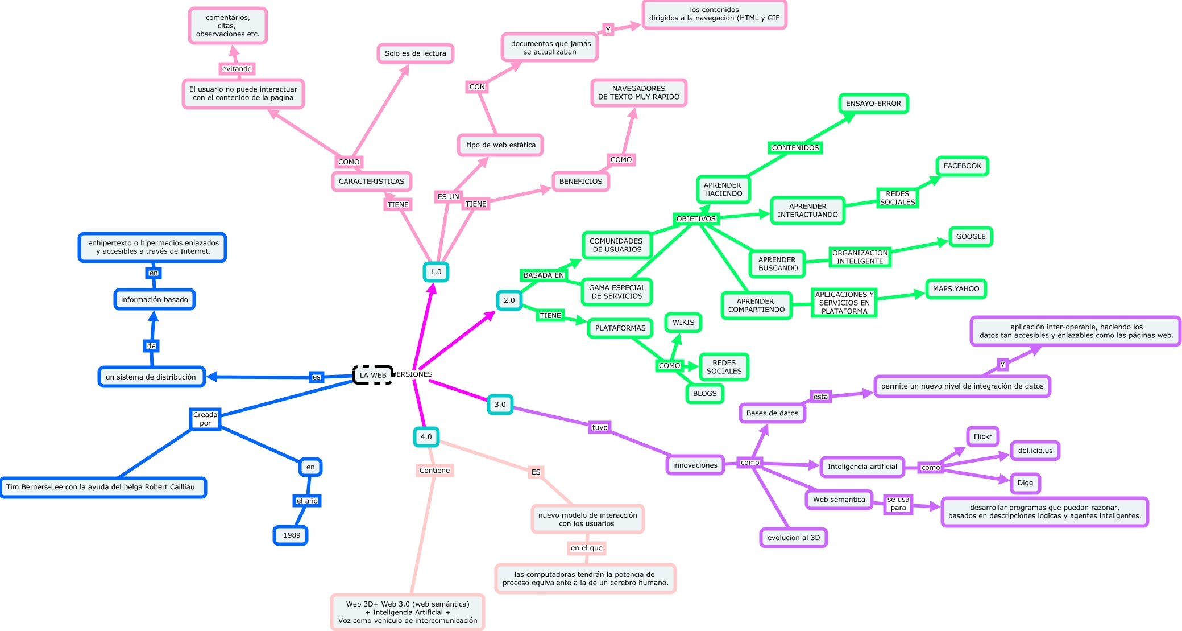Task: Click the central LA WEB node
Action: pyautogui.click(x=373, y=375)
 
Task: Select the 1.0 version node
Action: pyautogui.click(x=436, y=272)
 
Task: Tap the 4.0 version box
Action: pyautogui.click(x=426, y=437)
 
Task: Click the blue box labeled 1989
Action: pyautogui.click(x=291, y=535)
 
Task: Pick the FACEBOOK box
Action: pyautogui.click(x=962, y=166)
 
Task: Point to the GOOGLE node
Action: pyautogui.click(x=971, y=237)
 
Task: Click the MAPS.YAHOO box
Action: pyautogui.click(x=956, y=289)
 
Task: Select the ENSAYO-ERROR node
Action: pyautogui.click(x=873, y=104)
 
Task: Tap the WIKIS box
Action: pyautogui.click(x=683, y=323)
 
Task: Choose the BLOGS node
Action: pyautogui.click(x=704, y=394)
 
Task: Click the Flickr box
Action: pyautogui.click(x=982, y=436)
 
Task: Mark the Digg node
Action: pyautogui.click(x=1025, y=483)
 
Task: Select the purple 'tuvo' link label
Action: pyautogui.click(x=600, y=427)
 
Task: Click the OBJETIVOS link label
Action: pyautogui.click(x=696, y=219)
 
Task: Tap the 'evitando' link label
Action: pyautogui.click(x=237, y=69)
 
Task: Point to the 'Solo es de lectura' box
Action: pyautogui.click(x=416, y=53)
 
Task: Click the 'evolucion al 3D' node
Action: pyautogui.click(x=794, y=538)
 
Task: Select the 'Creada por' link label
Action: pyautogui.click(x=205, y=419)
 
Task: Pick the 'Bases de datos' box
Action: pyautogui.click(x=772, y=413)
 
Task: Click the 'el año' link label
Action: pyautogui.click(x=307, y=501)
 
